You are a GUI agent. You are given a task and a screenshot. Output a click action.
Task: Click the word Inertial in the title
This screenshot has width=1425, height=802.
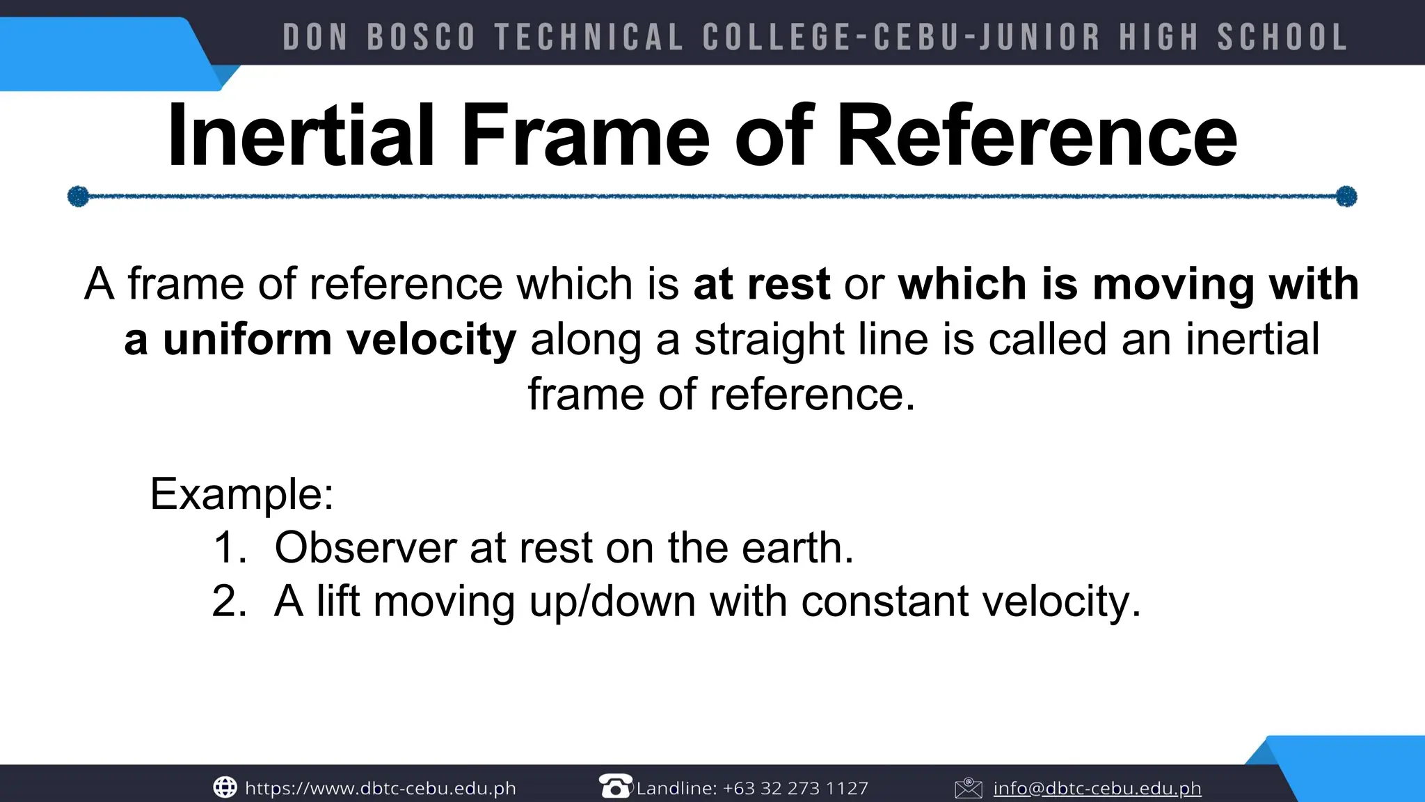(301, 136)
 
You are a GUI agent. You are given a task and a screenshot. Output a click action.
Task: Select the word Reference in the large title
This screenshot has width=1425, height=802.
(1037, 136)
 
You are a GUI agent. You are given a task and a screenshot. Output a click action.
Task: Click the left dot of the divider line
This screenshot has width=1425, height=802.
(78, 196)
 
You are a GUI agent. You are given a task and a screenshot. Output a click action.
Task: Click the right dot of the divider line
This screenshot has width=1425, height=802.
(1347, 196)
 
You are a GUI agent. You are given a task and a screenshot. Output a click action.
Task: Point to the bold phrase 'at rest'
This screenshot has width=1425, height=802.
(762, 284)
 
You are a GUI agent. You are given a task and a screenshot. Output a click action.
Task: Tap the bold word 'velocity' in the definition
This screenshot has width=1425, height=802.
(431, 340)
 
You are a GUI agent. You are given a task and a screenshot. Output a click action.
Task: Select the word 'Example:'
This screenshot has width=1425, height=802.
(242, 494)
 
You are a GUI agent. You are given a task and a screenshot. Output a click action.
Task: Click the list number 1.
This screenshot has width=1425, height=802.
(228, 547)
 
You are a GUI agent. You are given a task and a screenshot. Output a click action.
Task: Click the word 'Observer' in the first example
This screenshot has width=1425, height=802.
(365, 547)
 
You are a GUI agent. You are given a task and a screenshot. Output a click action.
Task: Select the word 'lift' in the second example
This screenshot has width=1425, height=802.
(338, 601)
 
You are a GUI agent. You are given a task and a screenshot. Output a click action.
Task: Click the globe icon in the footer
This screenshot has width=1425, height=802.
(225, 787)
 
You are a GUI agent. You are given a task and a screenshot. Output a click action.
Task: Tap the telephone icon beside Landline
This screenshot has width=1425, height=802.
(615, 786)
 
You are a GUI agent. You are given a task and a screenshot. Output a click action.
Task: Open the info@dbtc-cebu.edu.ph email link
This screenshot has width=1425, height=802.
(1097, 788)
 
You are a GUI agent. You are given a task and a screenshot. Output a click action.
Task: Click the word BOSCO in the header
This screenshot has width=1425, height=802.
(421, 38)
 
